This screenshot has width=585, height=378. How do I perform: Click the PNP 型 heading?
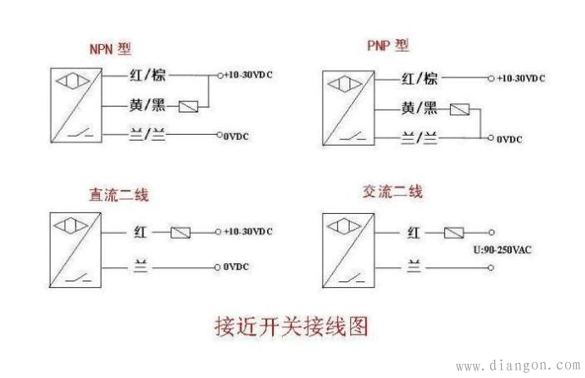click(x=388, y=45)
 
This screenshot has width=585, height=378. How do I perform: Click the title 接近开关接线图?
click(x=291, y=324)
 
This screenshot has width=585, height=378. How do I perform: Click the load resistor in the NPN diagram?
click(x=190, y=107)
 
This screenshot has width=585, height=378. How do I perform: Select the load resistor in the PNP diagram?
click(x=459, y=109)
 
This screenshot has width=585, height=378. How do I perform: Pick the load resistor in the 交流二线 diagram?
click(x=454, y=232)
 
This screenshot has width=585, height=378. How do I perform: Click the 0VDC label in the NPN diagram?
click(x=238, y=134)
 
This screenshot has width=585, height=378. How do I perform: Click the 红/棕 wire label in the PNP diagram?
click(x=419, y=79)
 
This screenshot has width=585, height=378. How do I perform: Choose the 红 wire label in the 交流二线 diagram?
click(x=414, y=233)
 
